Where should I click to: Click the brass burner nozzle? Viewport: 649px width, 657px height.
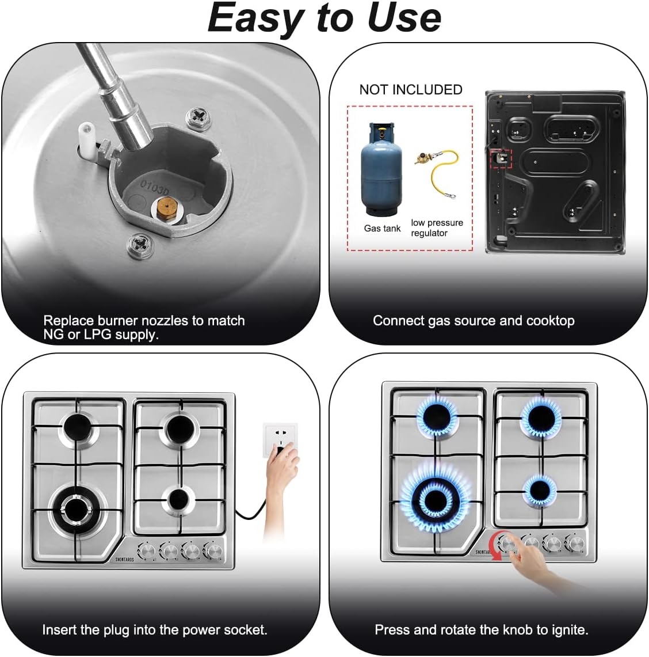point(166,208)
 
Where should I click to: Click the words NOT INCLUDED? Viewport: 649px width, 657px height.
point(411,90)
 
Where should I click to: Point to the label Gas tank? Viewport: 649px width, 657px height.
point(382,229)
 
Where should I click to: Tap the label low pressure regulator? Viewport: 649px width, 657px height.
point(437,227)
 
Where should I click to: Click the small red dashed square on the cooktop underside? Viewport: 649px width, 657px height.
point(501,158)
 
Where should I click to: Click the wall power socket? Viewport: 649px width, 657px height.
point(279,439)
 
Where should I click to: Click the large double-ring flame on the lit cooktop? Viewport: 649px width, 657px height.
point(436,499)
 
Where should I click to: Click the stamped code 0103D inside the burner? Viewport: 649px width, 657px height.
point(155,188)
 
